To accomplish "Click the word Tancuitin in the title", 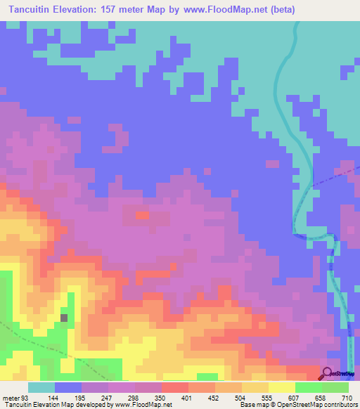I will (x=32, y=9).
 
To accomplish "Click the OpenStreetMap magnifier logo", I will (x=328, y=373).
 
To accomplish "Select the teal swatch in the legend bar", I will (x=41, y=387).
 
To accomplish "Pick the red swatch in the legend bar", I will (x=174, y=387).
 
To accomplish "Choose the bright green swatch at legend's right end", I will (x=335, y=387).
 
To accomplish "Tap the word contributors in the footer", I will (x=339, y=405).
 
